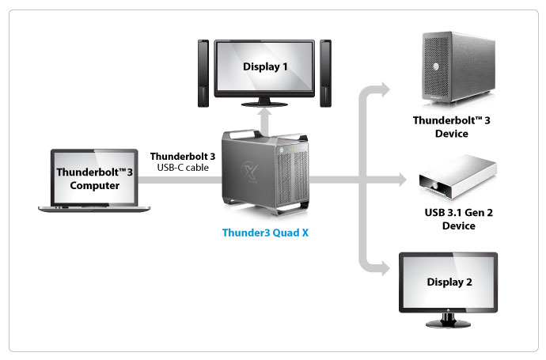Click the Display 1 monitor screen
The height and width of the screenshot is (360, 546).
(265, 66)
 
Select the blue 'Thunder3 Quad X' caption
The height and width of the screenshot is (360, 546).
(265, 233)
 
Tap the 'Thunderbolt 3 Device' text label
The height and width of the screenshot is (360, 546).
(452, 127)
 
